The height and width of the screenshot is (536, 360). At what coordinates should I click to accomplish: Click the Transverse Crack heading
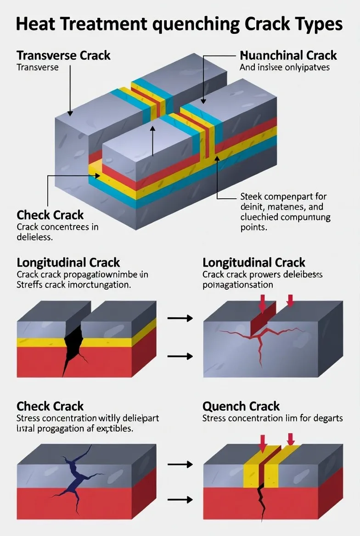[x=63, y=56]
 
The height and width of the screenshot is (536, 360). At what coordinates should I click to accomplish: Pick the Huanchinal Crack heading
[x=288, y=56]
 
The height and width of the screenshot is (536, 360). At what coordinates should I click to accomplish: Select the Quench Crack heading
[x=241, y=407]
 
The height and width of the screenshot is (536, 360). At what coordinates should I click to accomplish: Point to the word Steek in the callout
[x=251, y=197]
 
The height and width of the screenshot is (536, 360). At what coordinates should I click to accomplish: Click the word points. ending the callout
[x=253, y=227]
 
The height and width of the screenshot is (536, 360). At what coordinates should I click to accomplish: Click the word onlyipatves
[x=307, y=67]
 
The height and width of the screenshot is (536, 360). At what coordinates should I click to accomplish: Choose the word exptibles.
[x=113, y=429]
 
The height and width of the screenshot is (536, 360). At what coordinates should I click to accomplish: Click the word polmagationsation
[x=238, y=285]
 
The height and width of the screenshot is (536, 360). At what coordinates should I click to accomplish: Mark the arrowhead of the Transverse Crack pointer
[x=70, y=113]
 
